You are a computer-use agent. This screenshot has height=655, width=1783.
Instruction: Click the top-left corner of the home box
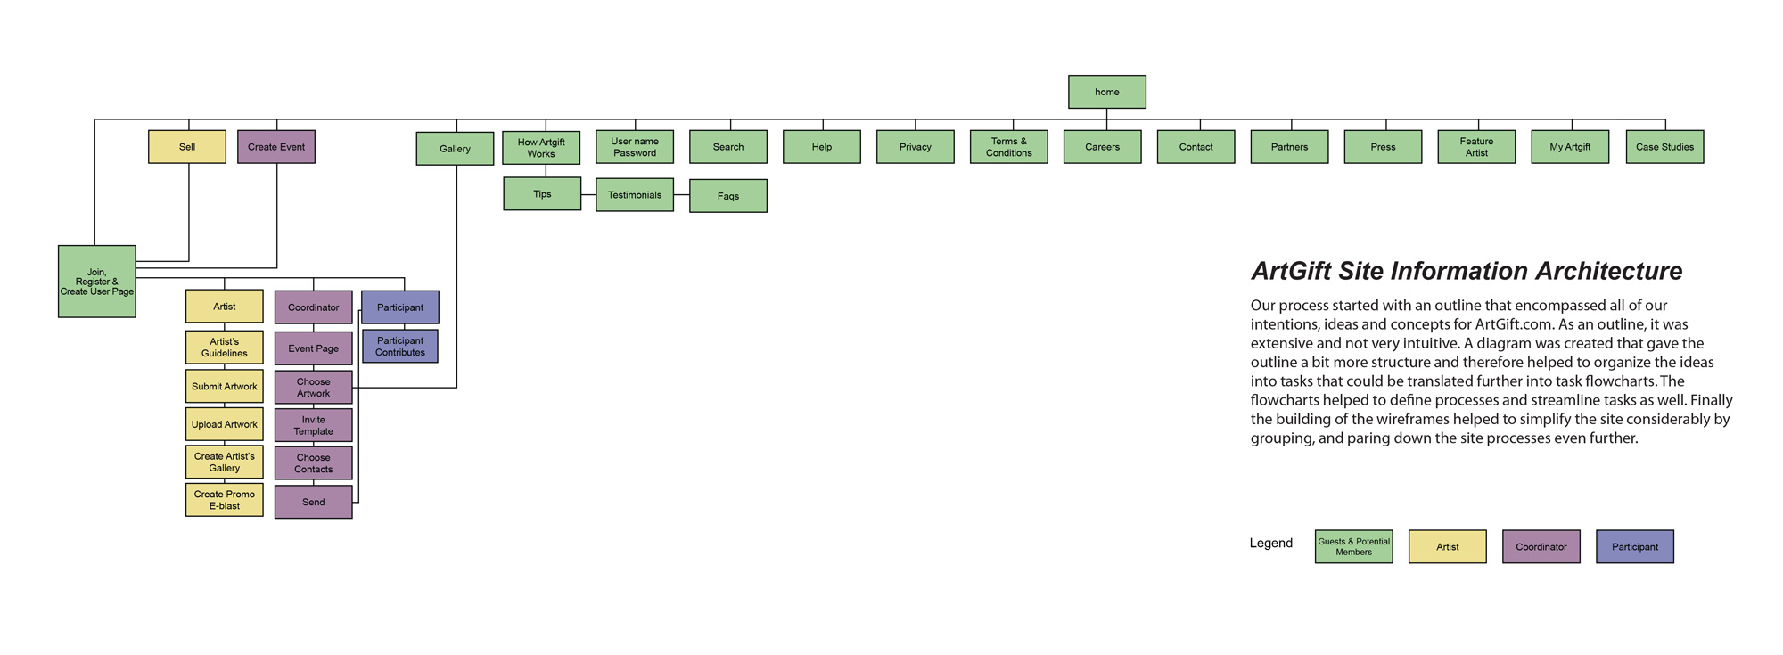pyautogui.click(x=1069, y=76)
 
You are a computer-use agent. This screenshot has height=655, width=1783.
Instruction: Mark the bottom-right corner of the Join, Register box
pyautogui.click(x=136, y=317)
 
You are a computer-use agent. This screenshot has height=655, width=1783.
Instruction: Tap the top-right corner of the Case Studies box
pyautogui.click(x=1704, y=131)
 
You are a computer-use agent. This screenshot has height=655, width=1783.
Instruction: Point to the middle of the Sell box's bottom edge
pyautogui.click(x=187, y=163)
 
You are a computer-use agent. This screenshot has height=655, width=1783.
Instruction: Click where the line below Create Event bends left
pyautogui.click(x=277, y=267)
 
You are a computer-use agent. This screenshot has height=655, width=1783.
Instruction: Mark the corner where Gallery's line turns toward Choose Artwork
pyautogui.click(x=456, y=388)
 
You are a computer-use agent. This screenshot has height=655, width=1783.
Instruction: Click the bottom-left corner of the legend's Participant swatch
pyautogui.click(x=1597, y=562)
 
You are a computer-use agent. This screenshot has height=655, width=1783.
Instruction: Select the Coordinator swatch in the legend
pyautogui.click(x=1541, y=546)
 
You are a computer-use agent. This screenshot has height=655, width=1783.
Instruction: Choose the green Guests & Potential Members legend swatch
pyautogui.click(x=1354, y=546)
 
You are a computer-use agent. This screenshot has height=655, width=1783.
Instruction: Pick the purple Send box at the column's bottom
pyautogui.click(x=314, y=502)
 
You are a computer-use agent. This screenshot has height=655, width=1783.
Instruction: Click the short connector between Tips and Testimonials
pyautogui.click(x=588, y=194)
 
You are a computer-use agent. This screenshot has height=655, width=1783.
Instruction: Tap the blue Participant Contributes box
pyautogui.click(x=400, y=346)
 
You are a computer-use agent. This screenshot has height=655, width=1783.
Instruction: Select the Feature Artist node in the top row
pyautogui.click(x=1476, y=147)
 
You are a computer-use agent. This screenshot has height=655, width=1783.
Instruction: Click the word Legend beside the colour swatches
pyautogui.click(x=1271, y=543)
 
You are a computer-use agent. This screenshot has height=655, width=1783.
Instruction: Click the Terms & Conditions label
pyautogui.click(x=1009, y=147)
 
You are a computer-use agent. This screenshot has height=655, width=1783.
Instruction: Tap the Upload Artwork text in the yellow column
pyautogui.click(x=225, y=424)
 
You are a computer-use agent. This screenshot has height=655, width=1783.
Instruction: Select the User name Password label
pyautogui.click(x=635, y=147)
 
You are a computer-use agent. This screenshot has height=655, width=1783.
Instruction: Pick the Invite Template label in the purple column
pyautogui.click(x=314, y=425)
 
